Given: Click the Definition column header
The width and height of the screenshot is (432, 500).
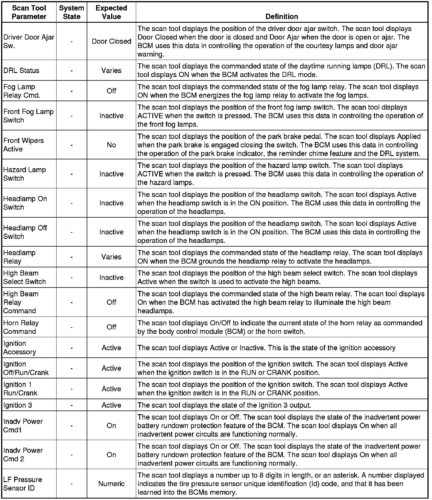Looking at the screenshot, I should click(282, 16).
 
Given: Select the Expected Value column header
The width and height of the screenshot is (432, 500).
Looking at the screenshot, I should click(111, 12).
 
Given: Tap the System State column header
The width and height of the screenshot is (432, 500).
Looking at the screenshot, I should click(72, 12).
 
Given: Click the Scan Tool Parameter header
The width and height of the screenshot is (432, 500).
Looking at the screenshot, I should click(29, 12).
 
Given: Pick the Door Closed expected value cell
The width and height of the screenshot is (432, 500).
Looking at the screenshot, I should click(111, 41).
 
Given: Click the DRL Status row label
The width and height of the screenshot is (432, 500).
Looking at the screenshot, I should click(21, 70).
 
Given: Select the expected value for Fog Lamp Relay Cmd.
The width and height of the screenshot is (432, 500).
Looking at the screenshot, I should click(111, 91).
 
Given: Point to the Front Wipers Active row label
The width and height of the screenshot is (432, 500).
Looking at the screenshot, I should click(24, 145).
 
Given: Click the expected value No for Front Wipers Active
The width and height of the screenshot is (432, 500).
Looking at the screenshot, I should click(111, 145).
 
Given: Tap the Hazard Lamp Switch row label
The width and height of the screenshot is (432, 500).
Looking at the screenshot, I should click(24, 174).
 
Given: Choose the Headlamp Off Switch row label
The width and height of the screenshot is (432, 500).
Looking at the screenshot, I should click(25, 232).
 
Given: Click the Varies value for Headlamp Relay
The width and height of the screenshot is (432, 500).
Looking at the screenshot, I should click(111, 257).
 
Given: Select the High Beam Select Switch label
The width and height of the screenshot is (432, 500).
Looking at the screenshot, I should click(24, 277).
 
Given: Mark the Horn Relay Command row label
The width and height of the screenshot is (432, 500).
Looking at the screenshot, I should click(21, 327).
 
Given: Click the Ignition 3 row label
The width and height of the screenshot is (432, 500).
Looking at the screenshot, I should click(18, 405).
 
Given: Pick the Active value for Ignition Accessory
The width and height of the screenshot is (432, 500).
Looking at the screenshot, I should click(111, 348).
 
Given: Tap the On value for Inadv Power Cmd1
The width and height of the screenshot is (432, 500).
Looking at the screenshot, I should click(111, 426).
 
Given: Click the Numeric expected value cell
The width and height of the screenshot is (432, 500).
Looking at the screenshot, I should click(111, 484).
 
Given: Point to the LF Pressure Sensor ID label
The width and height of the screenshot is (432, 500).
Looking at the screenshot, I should click(23, 484).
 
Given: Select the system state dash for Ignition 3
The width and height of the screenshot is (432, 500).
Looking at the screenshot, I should click(72, 405).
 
